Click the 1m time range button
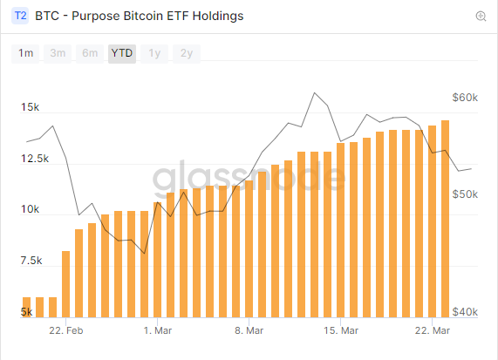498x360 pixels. [26, 53]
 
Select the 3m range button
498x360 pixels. [58, 53]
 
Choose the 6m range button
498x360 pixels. [90, 53]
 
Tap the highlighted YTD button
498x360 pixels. [122, 53]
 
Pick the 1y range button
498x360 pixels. [154, 53]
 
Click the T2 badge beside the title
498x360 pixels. [21, 16]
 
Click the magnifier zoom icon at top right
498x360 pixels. [481, 17]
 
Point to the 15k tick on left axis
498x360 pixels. [31, 108]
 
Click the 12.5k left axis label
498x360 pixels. [34, 159]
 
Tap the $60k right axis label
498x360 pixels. [465, 98]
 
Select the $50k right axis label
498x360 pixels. [465, 194]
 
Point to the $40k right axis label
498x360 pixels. [465, 312]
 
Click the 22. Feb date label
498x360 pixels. [66, 331]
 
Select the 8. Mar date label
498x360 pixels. [249, 331]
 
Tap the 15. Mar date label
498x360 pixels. [341, 331]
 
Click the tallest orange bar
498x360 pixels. [445, 218]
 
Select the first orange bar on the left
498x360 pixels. [26, 307]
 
